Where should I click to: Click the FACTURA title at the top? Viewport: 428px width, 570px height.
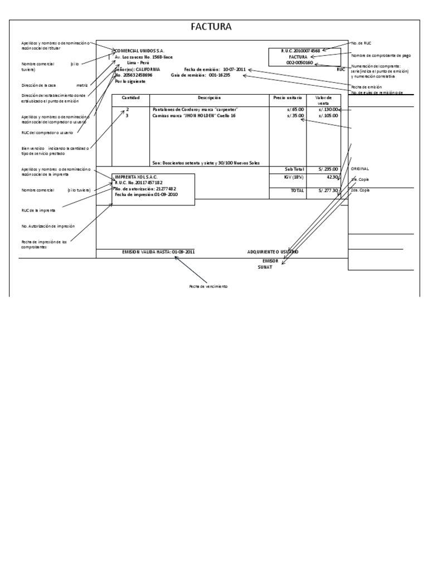[x=211, y=27]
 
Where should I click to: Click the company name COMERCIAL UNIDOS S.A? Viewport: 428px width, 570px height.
[x=140, y=50]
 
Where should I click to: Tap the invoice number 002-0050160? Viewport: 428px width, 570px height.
[x=299, y=63]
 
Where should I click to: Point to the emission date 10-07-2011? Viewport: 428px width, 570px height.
[x=234, y=69]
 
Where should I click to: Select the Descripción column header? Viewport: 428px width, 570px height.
[x=209, y=97]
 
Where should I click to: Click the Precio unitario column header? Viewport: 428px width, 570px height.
[x=287, y=97]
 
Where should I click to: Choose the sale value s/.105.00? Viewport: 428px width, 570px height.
[x=328, y=116]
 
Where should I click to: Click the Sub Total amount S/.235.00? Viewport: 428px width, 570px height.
[x=328, y=169]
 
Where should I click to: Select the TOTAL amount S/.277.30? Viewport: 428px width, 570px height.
[x=328, y=190]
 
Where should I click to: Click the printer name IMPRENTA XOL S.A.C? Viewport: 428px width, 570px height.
[x=136, y=176]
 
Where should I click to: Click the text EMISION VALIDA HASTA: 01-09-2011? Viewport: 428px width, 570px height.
[x=159, y=252]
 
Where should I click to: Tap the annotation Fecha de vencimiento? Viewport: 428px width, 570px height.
[x=208, y=286]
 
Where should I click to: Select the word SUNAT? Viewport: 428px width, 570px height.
[x=265, y=267]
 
